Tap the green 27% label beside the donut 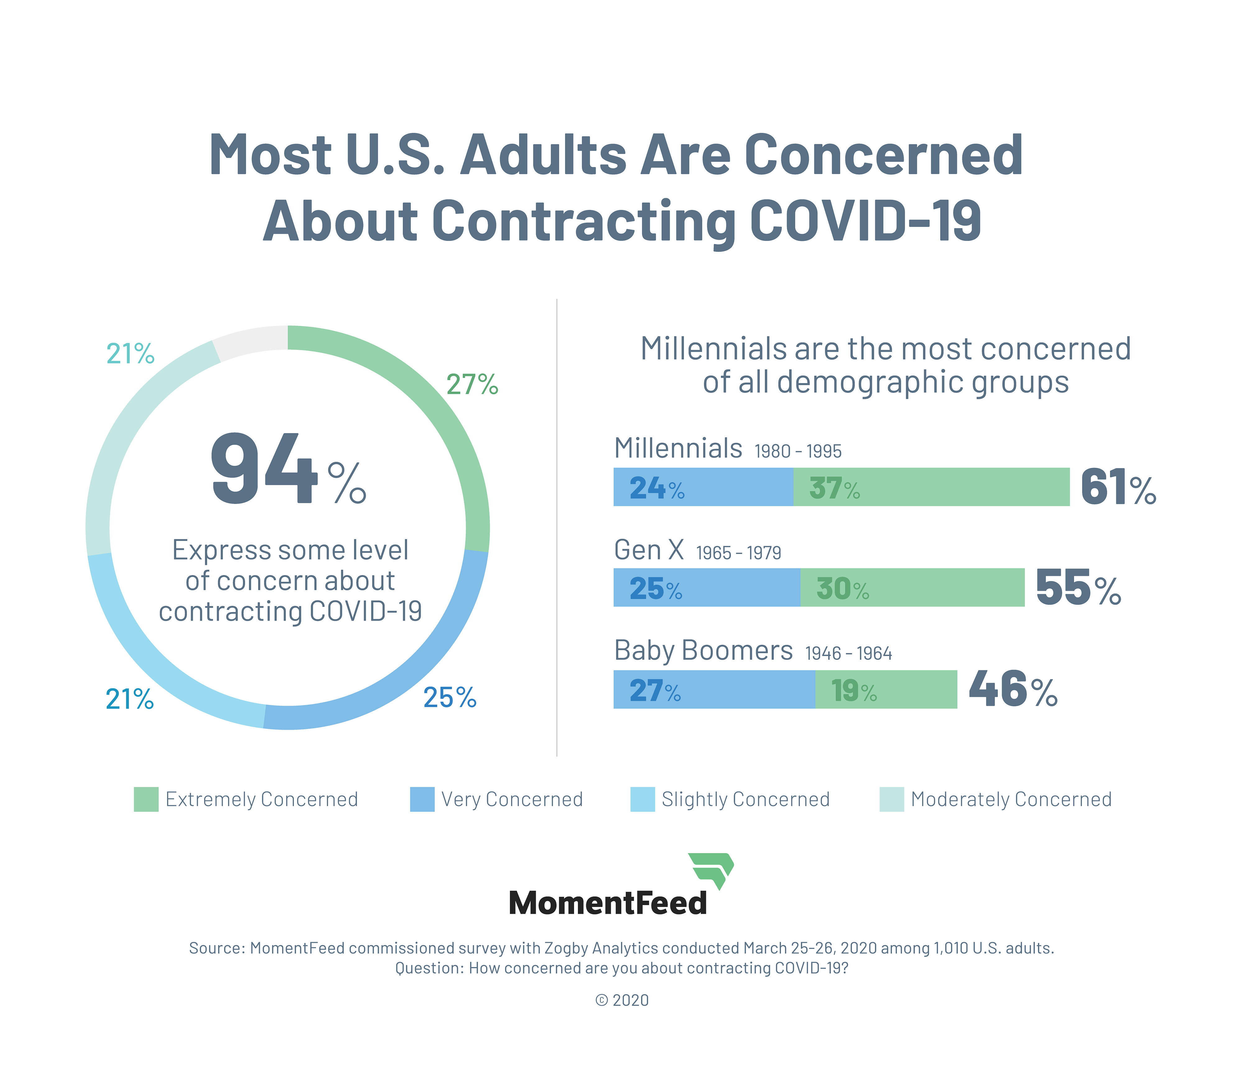coord(472,385)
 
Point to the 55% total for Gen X coord(1078,588)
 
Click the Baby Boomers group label coord(703,651)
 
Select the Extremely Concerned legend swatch coord(146,799)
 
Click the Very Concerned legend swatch coord(422,799)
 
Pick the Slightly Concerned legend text coord(745,799)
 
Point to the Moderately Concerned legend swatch coord(892,799)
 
